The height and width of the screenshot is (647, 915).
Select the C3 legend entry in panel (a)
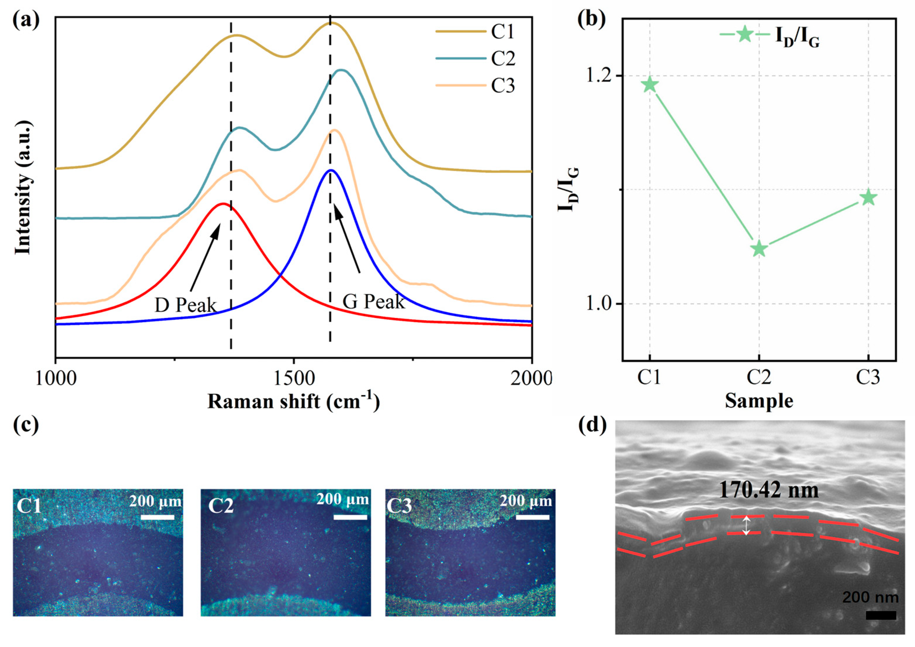[503, 85]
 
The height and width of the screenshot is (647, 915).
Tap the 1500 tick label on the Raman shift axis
[294, 378]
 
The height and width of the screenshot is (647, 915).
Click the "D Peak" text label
[185, 305]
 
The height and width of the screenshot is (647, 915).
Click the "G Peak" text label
[373, 302]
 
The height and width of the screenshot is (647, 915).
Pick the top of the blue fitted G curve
[331, 170]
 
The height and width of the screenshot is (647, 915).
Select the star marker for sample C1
[650, 85]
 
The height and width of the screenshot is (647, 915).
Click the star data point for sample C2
[759, 249]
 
